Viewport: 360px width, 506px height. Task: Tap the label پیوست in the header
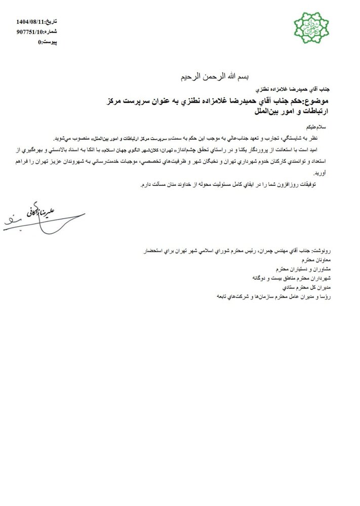click(49, 42)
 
